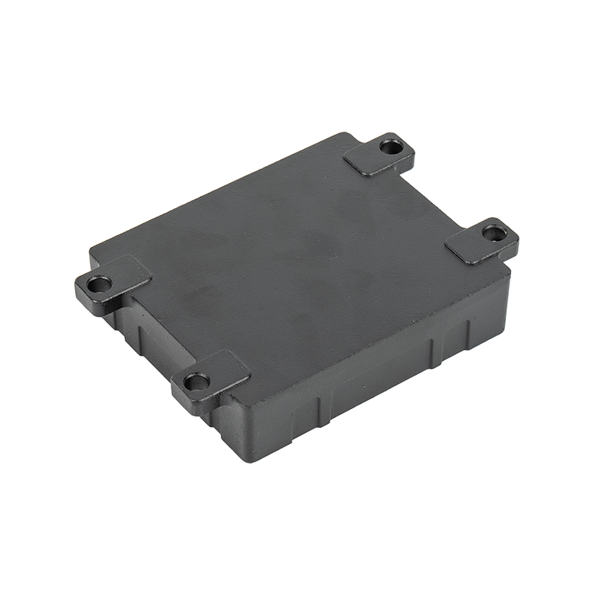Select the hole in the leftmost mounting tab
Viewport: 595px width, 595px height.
pyautogui.click(x=97, y=283)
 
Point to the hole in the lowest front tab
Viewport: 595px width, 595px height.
pyautogui.click(x=196, y=383)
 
